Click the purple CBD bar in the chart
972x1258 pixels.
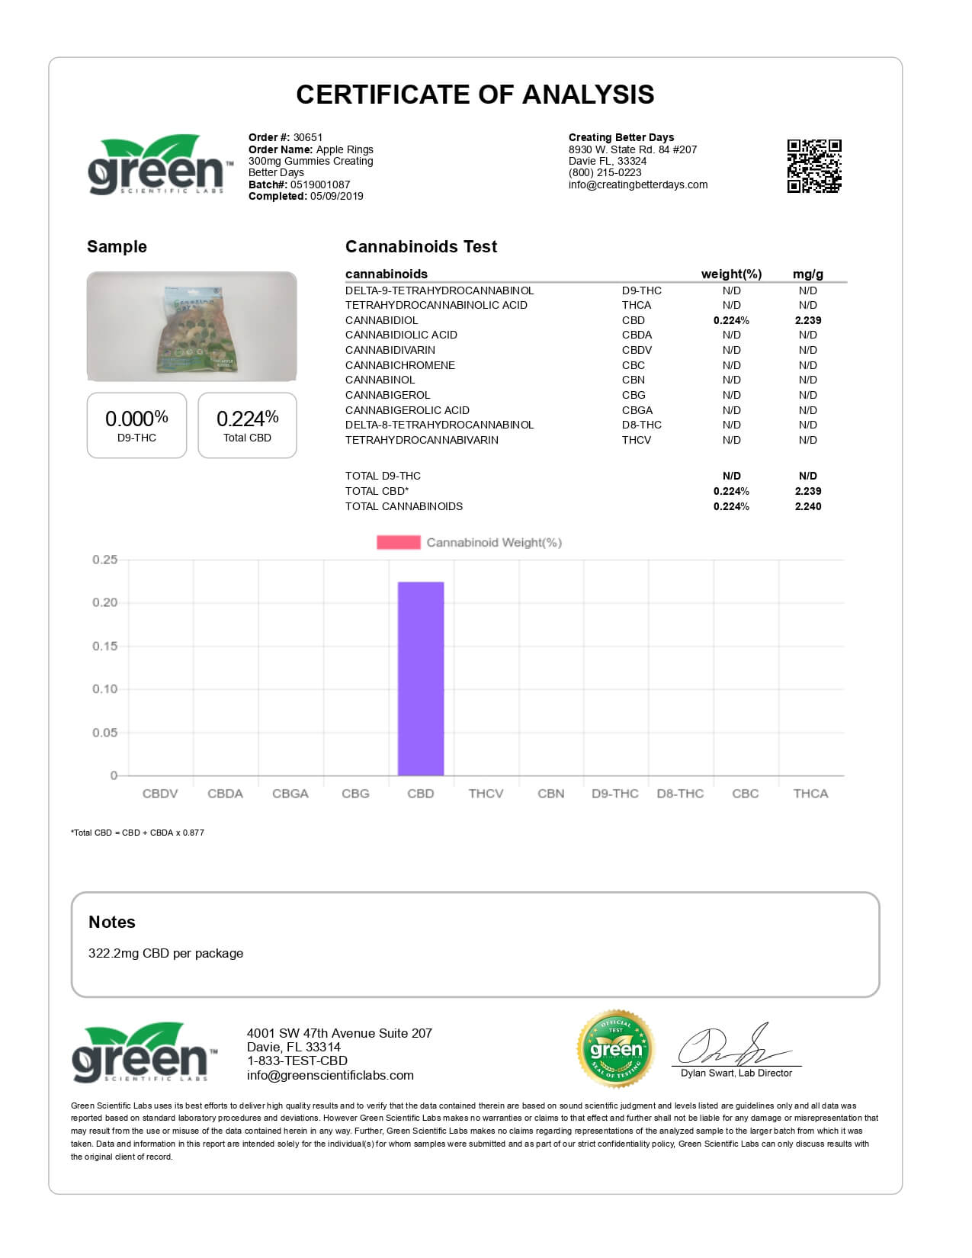coord(421,679)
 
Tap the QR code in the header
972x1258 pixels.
coord(814,165)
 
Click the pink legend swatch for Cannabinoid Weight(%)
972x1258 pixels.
coord(398,542)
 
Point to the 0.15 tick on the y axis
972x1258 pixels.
coord(105,646)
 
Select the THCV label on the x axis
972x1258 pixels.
coord(486,794)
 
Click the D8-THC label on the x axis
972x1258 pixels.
coord(680,794)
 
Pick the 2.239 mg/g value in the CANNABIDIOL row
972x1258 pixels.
coord(807,320)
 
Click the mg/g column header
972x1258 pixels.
coord(807,274)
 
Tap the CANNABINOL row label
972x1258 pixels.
coord(380,380)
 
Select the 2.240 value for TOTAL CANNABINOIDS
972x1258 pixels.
coord(807,506)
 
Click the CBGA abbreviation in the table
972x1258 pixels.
coord(637,410)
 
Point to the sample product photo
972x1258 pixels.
coord(191,326)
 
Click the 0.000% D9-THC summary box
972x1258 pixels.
coord(136,425)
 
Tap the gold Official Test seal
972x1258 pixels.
coord(616,1049)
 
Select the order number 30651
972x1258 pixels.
coord(308,138)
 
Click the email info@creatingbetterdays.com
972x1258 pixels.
coord(637,185)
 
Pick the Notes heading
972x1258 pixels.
coord(111,922)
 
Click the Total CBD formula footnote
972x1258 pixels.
coord(137,833)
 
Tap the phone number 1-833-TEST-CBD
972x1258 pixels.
coord(297,1061)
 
